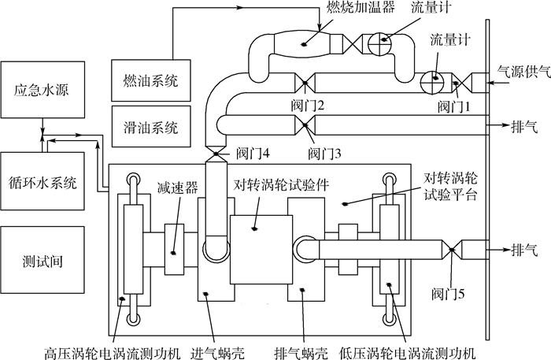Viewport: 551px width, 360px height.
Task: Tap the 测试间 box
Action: [43, 259]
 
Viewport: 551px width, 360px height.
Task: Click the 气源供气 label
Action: [519, 69]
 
